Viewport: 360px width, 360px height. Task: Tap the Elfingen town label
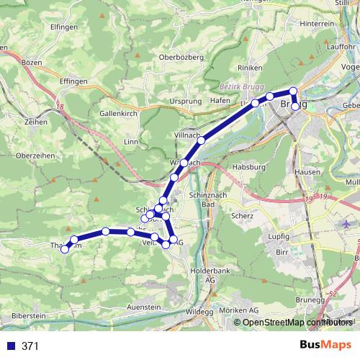[x=64, y=27]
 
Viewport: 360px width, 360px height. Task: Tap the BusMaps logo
[x=326, y=346]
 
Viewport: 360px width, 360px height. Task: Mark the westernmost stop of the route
[x=65, y=249]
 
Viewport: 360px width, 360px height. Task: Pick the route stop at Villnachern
[x=202, y=140]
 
